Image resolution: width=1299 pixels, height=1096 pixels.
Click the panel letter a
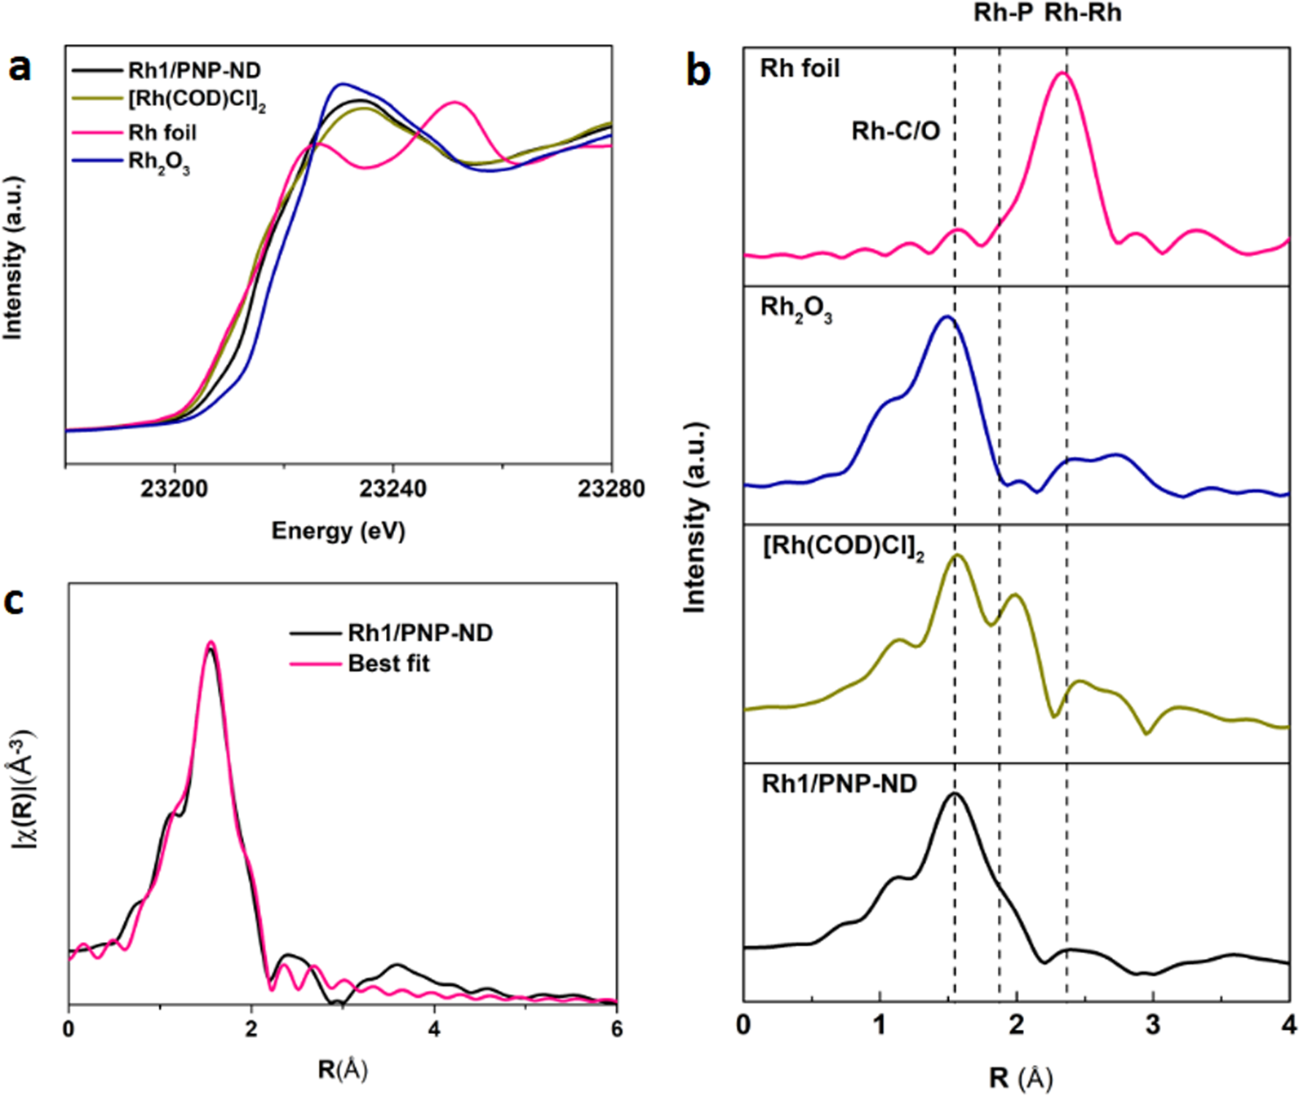click(x=19, y=68)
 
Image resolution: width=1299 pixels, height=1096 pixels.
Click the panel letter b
click(x=698, y=71)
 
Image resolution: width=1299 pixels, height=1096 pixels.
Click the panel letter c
click(x=16, y=601)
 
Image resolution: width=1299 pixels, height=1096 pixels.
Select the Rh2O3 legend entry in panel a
click(x=158, y=162)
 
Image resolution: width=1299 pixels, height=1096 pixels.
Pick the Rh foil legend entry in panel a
click(x=162, y=132)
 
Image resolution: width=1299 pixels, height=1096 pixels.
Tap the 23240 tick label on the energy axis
click(x=392, y=489)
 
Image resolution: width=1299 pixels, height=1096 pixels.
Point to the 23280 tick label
click(x=610, y=489)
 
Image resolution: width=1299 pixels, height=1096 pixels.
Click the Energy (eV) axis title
click(x=338, y=531)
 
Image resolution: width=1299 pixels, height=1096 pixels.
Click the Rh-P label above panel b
click(x=1003, y=13)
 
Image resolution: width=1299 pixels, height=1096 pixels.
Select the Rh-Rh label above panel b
click(x=1083, y=13)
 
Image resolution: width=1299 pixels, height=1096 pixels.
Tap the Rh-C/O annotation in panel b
click(x=895, y=130)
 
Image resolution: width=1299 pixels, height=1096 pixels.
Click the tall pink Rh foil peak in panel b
click(x=1062, y=74)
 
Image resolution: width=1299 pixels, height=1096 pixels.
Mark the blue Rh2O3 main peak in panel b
click(x=947, y=318)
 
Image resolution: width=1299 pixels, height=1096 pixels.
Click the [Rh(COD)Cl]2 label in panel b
click(x=843, y=547)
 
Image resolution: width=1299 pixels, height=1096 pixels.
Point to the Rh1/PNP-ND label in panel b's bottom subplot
click(x=839, y=784)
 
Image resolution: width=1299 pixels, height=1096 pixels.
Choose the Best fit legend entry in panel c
click(x=388, y=664)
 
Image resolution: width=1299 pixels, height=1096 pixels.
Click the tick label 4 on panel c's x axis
click(x=434, y=1029)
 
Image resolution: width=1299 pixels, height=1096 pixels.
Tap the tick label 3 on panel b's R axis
click(x=1152, y=1024)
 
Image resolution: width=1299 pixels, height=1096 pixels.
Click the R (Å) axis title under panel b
click(x=1016, y=1078)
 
